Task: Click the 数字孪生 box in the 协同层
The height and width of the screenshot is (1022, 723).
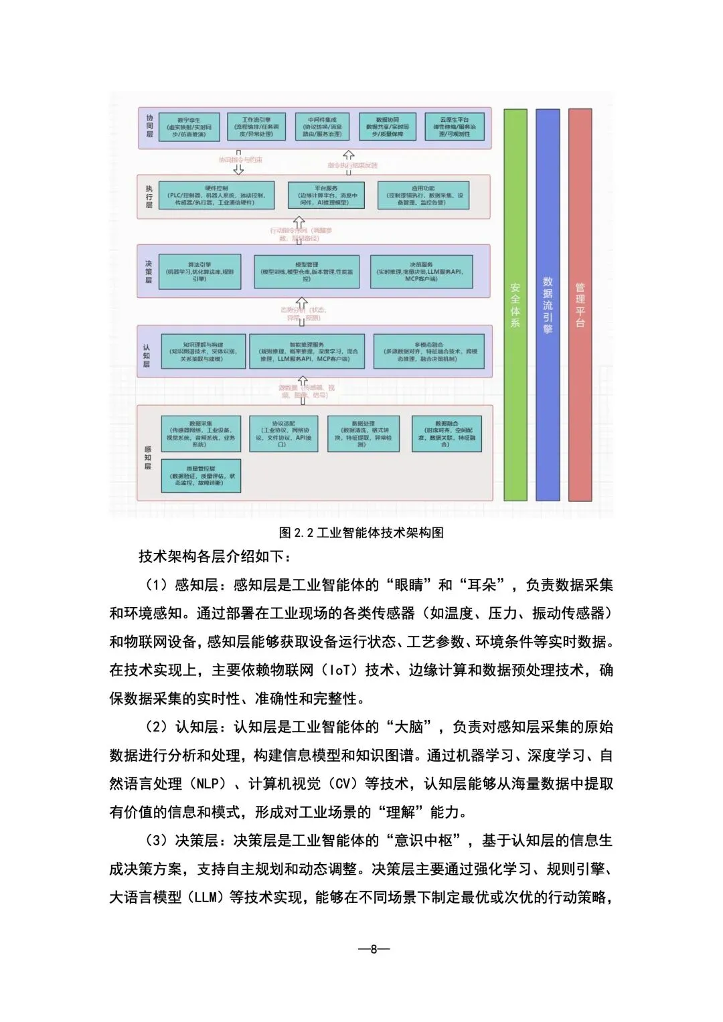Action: point(189,126)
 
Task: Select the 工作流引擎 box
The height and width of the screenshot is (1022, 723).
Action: point(256,126)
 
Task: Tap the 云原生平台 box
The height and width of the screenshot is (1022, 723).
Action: point(455,126)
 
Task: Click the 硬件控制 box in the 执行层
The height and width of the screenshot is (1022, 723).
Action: point(216,195)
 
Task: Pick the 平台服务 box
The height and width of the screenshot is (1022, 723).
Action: point(327,195)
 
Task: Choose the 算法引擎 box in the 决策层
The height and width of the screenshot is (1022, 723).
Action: point(200,271)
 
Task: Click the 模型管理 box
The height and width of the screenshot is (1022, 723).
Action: point(307,271)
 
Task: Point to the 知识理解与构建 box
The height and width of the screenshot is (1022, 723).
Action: point(204,352)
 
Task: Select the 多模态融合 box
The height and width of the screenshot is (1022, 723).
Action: point(428,352)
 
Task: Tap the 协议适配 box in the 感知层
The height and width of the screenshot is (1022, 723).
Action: point(283,434)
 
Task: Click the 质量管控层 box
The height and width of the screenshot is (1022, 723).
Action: point(202,475)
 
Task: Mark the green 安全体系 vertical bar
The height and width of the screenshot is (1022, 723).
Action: point(515,305)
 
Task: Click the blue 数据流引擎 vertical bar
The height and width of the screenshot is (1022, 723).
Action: point(548,305)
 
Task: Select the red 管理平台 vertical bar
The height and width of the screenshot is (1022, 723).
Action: point(580,305)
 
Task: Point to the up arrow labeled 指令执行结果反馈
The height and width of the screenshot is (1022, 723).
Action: point(349,157)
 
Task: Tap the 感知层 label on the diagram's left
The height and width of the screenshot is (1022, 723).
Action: point(148,458)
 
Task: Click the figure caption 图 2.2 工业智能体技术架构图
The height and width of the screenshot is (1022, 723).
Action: point(361,533)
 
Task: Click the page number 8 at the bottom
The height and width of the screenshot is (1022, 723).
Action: point(374,948)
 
